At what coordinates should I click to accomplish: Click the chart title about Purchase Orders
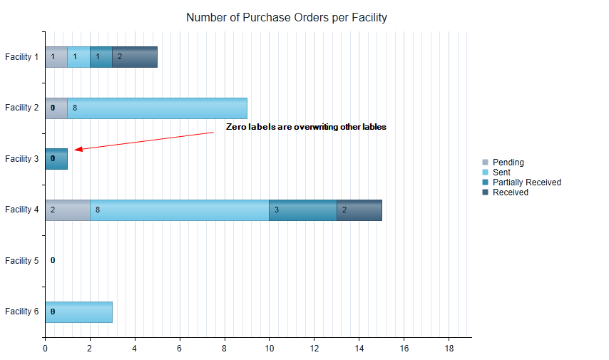coord(286,17)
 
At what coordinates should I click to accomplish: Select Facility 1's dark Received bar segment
coord(135,57)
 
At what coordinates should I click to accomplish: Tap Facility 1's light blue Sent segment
coord(78,57)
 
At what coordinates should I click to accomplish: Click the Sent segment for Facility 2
coord(157,108)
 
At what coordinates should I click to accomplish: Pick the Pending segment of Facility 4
coord(67,210)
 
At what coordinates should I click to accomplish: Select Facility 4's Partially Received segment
coord(302,210)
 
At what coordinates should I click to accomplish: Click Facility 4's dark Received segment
coord(359,210)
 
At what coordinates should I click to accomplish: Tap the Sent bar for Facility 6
coord(78,312)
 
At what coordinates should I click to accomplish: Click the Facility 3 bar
coord(56,159)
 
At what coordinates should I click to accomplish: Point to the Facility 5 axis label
coord(21,261)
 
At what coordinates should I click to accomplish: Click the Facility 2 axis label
coord(21,108)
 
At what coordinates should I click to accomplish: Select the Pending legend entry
coord(508,163)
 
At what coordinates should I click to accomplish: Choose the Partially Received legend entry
coord(526,182)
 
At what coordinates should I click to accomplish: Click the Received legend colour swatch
coord(486,192)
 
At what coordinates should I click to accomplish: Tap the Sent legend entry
coord(501,173)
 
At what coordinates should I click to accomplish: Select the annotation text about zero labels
coord(306,127)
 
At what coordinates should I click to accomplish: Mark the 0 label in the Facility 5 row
coord(53,261)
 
